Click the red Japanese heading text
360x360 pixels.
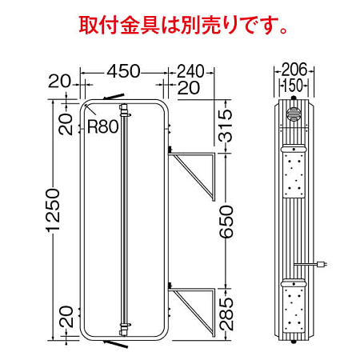[x=183, y=24]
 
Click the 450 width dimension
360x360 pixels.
[x=124, y=70]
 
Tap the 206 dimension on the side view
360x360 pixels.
[x=293, y=70]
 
